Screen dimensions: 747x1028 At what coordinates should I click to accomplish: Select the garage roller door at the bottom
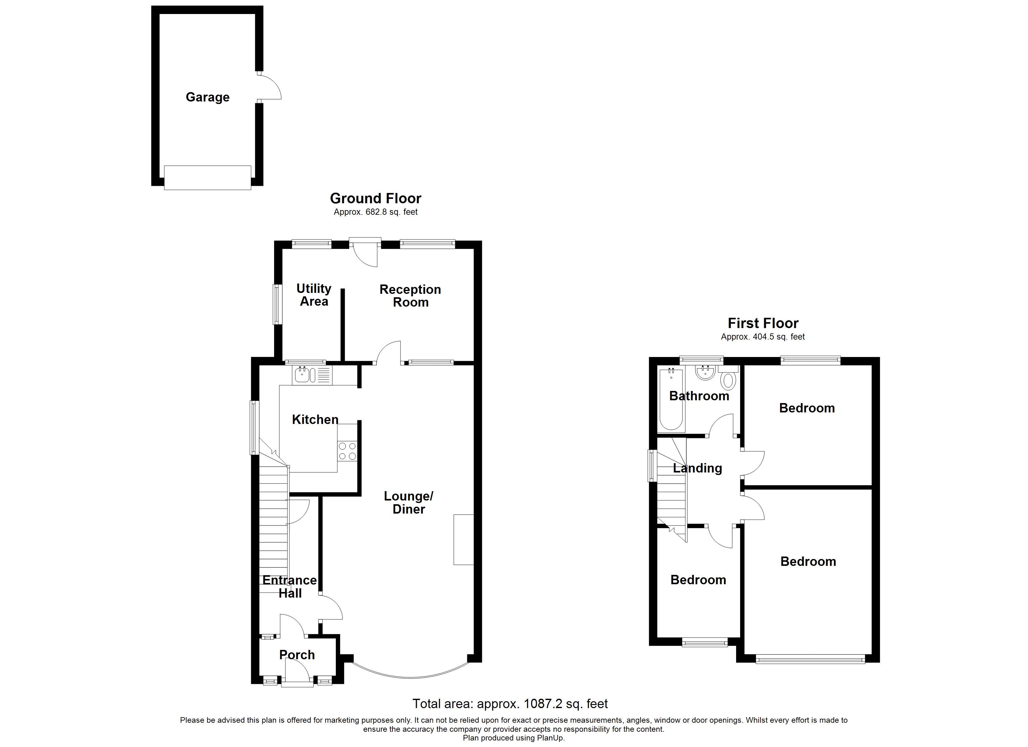click(207, 178)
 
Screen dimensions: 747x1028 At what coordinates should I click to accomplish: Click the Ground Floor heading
click(375, 198)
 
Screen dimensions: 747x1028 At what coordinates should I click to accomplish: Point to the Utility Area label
click(314, 295)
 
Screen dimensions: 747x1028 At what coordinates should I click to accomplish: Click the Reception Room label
click(410, 296)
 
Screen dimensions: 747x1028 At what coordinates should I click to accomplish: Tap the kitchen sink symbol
click(302, 375)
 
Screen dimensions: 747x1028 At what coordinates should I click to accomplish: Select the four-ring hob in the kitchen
click(347, 452)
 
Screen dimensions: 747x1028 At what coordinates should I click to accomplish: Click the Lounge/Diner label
click(408, 502)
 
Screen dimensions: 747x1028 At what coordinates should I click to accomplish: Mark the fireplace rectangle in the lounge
click(463, 539)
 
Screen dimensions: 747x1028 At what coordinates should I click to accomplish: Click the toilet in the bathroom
click(728, 380)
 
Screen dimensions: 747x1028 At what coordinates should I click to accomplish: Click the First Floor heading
click(763, 323)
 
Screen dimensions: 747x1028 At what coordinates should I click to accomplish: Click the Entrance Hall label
click(290, 587)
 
